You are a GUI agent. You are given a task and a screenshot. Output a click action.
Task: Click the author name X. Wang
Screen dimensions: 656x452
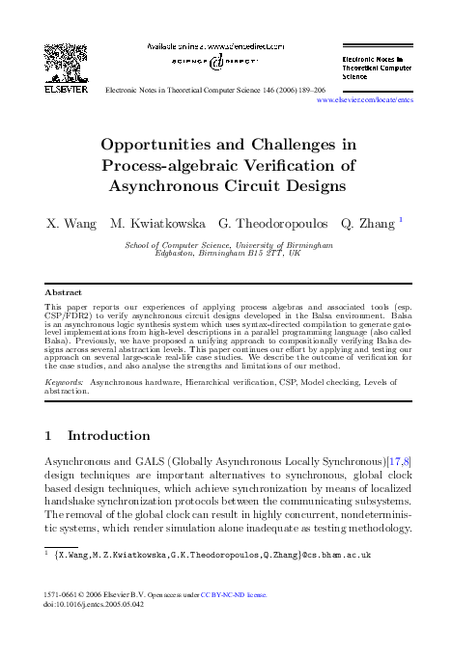point(72,223)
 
